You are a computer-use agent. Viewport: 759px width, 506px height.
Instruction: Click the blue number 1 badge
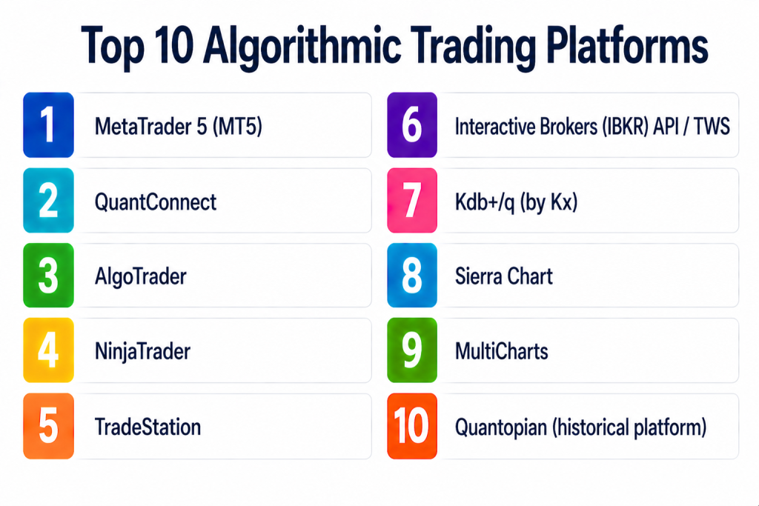coord(48,124)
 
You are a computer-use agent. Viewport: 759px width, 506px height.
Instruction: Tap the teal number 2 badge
coord(48,200)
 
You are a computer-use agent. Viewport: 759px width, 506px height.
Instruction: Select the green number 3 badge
coord(48,276)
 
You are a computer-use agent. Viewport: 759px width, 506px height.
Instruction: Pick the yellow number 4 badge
coord(48,350)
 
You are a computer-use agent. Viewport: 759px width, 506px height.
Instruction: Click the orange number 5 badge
coord(48,426)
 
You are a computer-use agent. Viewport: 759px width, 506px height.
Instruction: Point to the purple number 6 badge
coord(412,124)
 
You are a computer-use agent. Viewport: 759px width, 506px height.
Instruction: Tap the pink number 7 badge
coord(412,200)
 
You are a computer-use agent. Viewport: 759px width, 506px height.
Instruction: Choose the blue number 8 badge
coord(412,276)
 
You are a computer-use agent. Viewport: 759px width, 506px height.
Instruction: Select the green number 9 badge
coord(412,350)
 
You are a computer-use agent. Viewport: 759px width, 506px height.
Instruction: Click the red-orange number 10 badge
coord(412,426)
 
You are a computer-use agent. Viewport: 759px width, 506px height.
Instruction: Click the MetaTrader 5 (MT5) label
coord(178,127)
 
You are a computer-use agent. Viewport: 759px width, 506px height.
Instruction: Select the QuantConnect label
coord(156,202)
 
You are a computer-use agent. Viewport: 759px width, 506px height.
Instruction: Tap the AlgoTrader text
coord(140,277)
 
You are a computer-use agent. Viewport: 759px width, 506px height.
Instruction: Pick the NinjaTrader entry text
coord(142,352)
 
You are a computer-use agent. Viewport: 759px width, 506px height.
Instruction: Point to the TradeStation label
coord(148,427)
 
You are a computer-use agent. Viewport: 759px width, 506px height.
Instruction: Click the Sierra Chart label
coord(503,276)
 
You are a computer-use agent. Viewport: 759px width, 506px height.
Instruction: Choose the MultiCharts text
coord(502,351)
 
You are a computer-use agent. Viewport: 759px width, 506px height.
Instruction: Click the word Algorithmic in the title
coord(302,47)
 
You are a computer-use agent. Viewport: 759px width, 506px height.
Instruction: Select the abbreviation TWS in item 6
coord(712,127)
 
